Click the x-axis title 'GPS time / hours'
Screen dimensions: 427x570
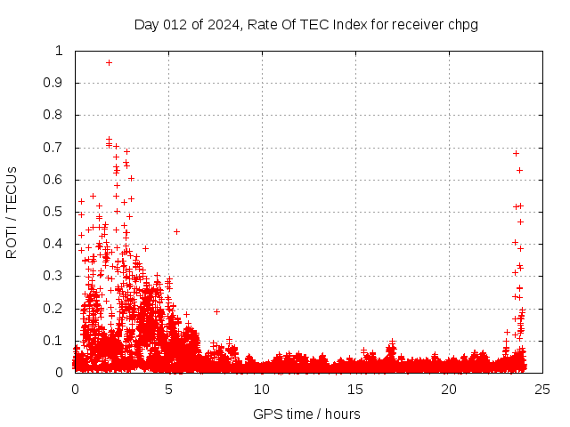pyautogui.click(x=306, y=414)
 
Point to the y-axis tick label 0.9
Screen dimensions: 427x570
pyautogui.click(x=53, y=83)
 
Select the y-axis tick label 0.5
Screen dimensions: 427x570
pyautogui.click(x=53, y=212)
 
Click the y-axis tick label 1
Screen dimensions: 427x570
pyautogui.click(x=60, y=51)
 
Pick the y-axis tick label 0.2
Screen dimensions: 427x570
pyautogui.click(x=53, y=309)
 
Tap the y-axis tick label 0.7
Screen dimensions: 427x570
pyautogui.click(x=53, y=148)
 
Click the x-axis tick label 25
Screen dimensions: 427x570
pyautogui.click(x=542, y=390)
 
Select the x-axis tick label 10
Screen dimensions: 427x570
pyautogui.click(x=262, y=390)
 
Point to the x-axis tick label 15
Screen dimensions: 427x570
pyautogui.click(x=355, y=390)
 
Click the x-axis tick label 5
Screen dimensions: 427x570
pyautogui.click(x=168, y=390)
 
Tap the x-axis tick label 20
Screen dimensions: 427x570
pyautogui.click(x=449, y=390)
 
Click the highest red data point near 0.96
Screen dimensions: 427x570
pyautogui.click(x=109, y=62)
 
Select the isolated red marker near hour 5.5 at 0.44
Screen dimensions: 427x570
pyautogui.click(x=176, y=231)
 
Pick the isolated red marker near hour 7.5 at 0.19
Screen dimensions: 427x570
pyautogui.click(x=216, y=311)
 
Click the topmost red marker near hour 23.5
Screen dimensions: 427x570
pyautogui.click(x=516, y=153)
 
